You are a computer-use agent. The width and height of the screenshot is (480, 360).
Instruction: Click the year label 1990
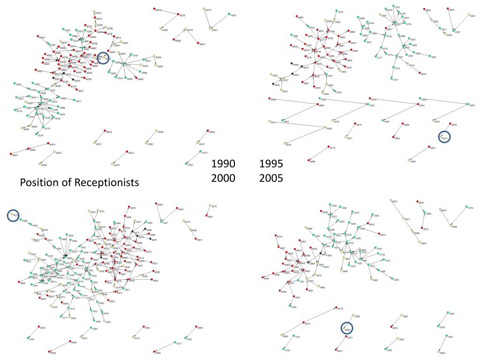tap(223, 164)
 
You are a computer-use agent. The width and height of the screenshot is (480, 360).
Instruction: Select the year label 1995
tap(271, 164)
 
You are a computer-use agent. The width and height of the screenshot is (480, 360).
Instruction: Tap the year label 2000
tap(223, 178)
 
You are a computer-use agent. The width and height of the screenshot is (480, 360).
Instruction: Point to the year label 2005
tap(271, 178)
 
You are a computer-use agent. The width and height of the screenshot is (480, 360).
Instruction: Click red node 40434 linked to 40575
tap(154, 9)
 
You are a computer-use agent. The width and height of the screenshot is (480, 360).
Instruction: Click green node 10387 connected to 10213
tap(186, 164)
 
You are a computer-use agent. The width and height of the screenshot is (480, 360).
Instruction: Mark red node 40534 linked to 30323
tap(105, 131)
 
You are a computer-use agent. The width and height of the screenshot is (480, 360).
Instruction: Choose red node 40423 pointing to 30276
tap(127, 152)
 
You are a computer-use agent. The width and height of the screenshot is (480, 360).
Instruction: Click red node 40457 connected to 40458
tap(10, 154)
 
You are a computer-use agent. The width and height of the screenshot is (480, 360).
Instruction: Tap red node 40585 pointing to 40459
tap(403, 124)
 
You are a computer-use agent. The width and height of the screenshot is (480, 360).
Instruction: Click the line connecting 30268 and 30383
tap(151, 138)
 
